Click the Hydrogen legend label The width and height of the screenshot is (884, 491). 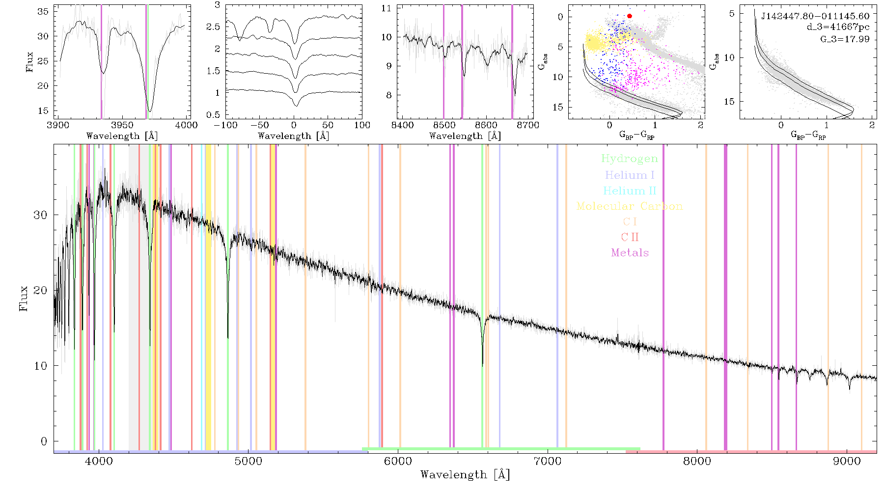629,159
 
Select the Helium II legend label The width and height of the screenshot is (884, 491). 630,191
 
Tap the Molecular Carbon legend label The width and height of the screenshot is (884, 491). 630,206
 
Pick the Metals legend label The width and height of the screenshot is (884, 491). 630,252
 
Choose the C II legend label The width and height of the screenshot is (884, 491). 630,237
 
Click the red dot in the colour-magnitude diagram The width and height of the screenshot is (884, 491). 630,16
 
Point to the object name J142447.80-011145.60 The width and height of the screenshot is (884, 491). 815,16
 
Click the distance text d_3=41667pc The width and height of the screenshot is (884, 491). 838,27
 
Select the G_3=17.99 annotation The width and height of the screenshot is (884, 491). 845,39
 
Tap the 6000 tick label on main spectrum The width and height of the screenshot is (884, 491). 398,461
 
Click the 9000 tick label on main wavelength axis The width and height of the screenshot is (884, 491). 847,461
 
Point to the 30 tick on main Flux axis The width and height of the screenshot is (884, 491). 41,215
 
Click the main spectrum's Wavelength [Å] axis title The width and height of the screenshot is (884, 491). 465,475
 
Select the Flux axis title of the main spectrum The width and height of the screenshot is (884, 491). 23,298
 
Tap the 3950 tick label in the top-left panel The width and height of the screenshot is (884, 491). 122,125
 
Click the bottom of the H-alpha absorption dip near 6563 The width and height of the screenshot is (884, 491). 482,365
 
